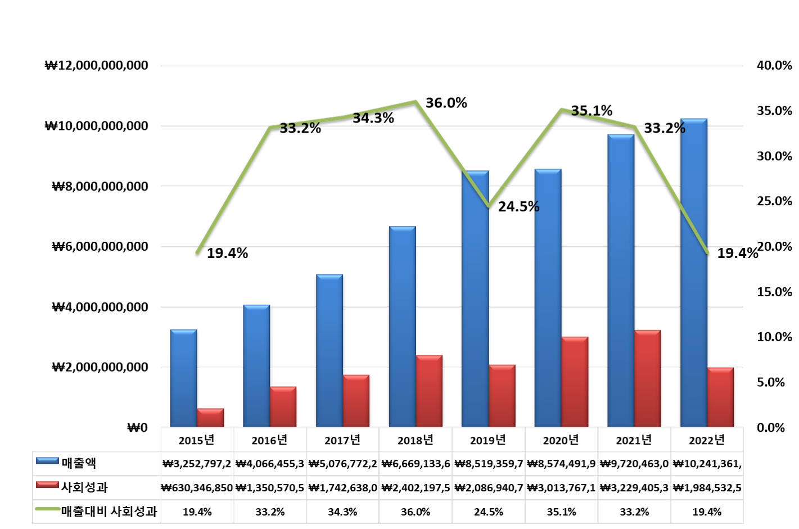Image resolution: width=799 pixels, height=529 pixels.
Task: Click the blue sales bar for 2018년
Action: point(402,326)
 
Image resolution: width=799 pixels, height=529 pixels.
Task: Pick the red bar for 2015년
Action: point(210,418)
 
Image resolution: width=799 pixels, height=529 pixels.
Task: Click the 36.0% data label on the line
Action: point(446,103)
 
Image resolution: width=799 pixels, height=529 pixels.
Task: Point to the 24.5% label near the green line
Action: point(518,207)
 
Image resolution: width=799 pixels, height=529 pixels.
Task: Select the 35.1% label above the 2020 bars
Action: point(592,111)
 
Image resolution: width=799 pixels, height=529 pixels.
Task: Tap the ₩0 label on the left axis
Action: point(137,428)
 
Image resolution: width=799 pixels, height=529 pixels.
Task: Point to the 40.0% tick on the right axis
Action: point(774,65)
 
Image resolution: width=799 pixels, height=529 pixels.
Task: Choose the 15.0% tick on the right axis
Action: point(774,292)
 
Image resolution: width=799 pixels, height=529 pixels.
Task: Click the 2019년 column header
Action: point(488,440)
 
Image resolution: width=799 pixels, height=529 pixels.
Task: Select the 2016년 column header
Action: point(269,440)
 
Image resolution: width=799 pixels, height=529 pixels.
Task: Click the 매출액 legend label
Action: point(79,463)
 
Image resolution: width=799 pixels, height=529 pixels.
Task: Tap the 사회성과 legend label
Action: point(84,487)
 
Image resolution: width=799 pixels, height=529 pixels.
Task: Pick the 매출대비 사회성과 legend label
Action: point(109,512)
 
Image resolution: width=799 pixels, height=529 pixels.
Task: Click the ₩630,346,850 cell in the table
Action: point(197,488)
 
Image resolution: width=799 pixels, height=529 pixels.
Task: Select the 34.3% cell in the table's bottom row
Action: point(342,512)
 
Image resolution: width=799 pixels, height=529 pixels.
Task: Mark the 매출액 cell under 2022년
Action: point(707,464)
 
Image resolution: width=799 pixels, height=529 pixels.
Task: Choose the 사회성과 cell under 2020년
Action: point(561,488)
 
